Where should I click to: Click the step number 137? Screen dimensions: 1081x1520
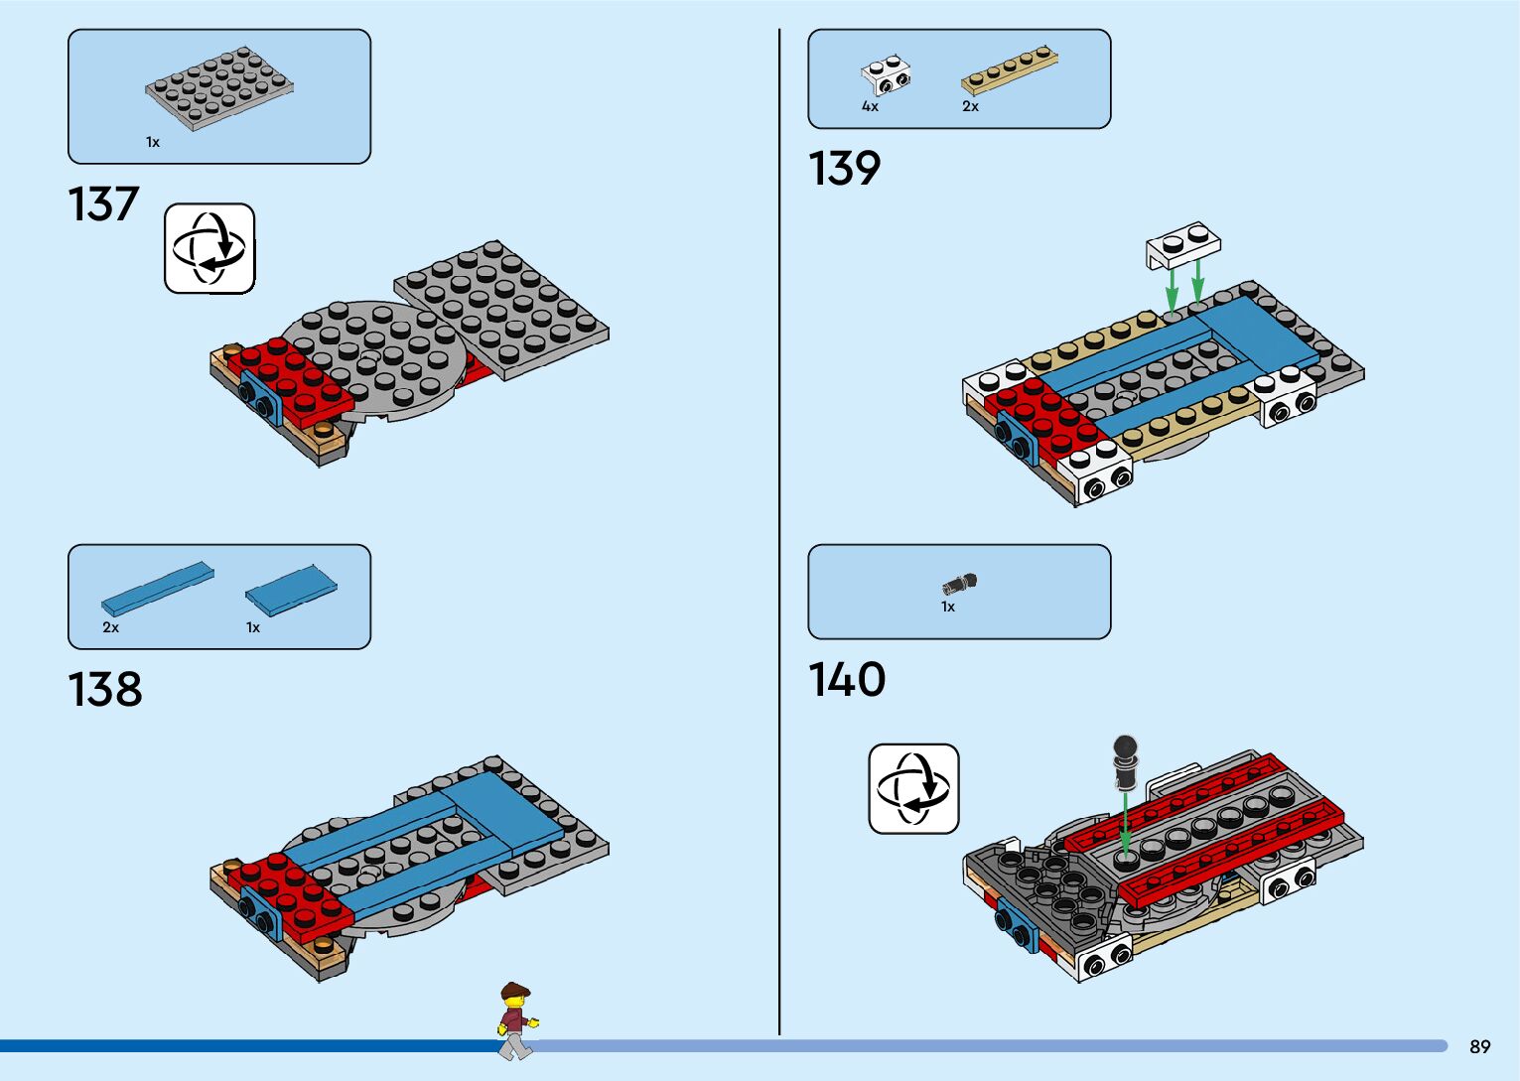pyautogui.click(x=103, y=204)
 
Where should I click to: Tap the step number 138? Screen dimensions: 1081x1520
pyautogui.click(x=105, y=689)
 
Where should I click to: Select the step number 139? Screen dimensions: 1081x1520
pyautogui.click(x=844, y=168)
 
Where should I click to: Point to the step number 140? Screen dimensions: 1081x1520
pyautogui.click(x=847, y=680)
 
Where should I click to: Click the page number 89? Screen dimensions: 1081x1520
pyautogui.click(x=1479, y=1046)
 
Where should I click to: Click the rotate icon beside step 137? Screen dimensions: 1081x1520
pyautogui.click(x=209, y=248)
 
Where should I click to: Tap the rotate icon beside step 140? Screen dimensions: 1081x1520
pyautogui.click(x=913, y=788)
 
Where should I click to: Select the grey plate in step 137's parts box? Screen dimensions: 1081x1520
pyautogui.click(x=219, y=86)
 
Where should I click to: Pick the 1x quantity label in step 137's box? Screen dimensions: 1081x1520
pyautogui.click(x=153, y=142)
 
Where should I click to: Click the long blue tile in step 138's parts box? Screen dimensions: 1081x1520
pyautogui.click(x=157, y=589)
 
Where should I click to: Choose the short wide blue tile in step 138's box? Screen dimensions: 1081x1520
pyautogui.click(x=291, y=591)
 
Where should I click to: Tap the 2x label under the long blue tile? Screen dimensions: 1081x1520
pyautogui.click(x=110, y=627)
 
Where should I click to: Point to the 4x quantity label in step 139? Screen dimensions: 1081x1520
pyautogui.click(x=870, y=106)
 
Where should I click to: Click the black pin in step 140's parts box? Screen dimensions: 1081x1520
pyautogui.click(x=960, y=584)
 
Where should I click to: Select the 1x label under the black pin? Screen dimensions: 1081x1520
pyautogui.click(x=948, y=607)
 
